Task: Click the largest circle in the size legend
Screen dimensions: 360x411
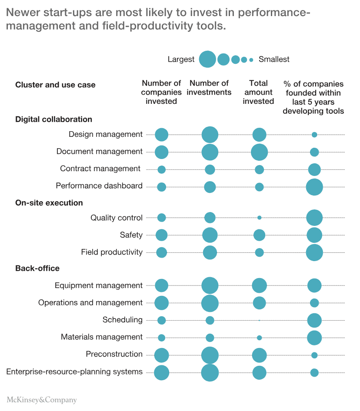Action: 207,59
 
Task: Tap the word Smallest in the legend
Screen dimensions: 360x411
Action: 274,59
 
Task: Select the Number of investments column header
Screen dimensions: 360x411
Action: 209,88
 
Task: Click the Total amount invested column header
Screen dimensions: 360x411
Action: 258,92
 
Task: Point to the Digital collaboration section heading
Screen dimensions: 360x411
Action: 53,119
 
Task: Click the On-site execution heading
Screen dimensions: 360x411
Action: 49,202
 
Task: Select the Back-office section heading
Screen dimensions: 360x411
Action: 37,268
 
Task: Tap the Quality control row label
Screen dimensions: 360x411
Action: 116,218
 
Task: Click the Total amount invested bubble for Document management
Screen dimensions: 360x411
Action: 259,152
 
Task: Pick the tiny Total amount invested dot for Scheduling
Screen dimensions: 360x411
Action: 259,321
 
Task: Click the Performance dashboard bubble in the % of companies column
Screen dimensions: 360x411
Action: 314,187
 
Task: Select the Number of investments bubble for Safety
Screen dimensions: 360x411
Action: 210,235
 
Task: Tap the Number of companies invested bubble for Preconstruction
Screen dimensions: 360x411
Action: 161,355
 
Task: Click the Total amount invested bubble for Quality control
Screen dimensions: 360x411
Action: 259,218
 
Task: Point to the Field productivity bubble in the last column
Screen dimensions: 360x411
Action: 314,252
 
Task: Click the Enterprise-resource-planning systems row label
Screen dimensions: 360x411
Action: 74,371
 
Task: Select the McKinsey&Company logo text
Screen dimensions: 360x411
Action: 42,400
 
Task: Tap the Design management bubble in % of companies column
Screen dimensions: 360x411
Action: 314,135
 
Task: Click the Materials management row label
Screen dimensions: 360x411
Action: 101,337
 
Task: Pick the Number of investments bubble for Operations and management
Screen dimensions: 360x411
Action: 210,303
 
